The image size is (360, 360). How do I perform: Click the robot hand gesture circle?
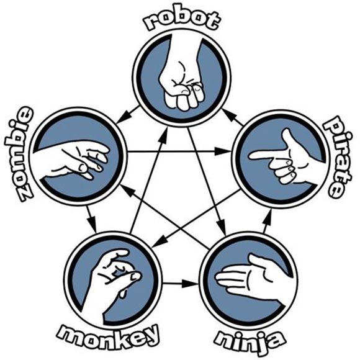(x=181, y=77)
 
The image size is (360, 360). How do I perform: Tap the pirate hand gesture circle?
(x=279, y=158)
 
